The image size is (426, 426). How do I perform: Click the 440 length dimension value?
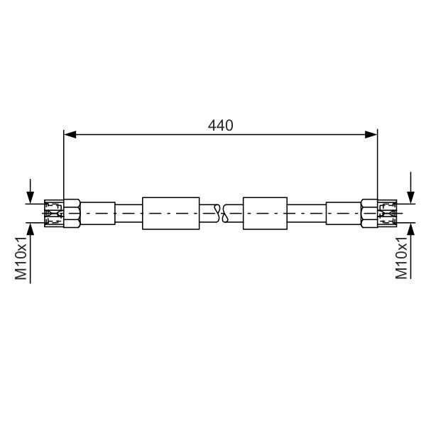click(220, 126)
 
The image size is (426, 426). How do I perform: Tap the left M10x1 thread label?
click(21, 258)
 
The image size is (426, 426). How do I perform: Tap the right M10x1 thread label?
click(401, 258)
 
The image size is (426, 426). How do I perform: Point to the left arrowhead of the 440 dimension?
click(70, 134)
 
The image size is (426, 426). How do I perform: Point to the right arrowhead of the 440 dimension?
click(371, 134)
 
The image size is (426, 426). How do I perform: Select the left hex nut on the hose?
click(72, 213)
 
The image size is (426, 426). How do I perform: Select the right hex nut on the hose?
click(369, 213)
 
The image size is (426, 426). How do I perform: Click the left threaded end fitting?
click(54, 213)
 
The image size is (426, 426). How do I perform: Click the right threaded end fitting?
click(387, 213)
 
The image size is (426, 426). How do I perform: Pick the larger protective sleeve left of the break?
click(171, 213)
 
